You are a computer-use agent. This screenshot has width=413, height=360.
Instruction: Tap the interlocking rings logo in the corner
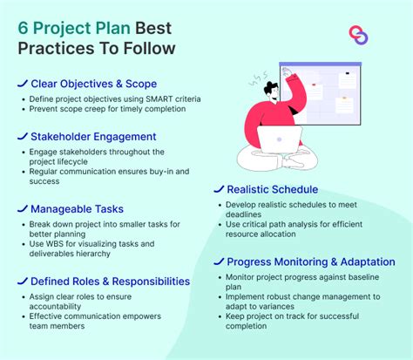coord(357,36)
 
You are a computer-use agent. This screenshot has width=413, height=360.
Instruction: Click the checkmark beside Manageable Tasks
coord(21,209)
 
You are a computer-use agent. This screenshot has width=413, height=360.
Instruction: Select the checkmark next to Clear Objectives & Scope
coord(21,85)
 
